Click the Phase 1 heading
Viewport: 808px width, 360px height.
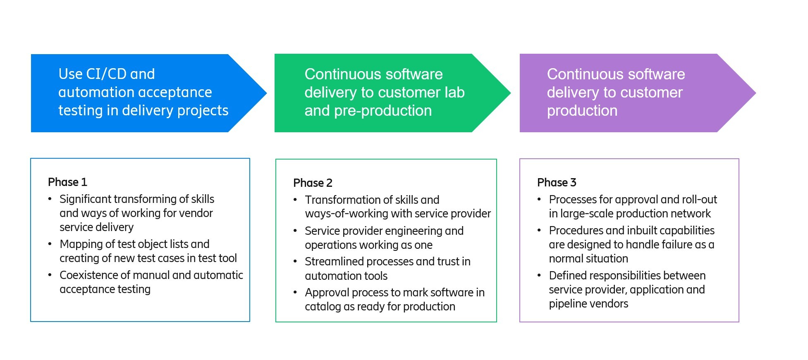point(67,182)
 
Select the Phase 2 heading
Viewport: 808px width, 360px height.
point(313,183)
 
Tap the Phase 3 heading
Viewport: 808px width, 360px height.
point(557,183)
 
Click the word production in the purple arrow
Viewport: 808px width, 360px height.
point(582,111)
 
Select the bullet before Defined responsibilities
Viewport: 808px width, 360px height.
point(539,276)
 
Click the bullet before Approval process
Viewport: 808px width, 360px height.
point(295,293)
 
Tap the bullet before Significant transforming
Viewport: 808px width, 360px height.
point(50,199)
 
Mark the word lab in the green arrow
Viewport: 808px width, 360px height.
point(454,93)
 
